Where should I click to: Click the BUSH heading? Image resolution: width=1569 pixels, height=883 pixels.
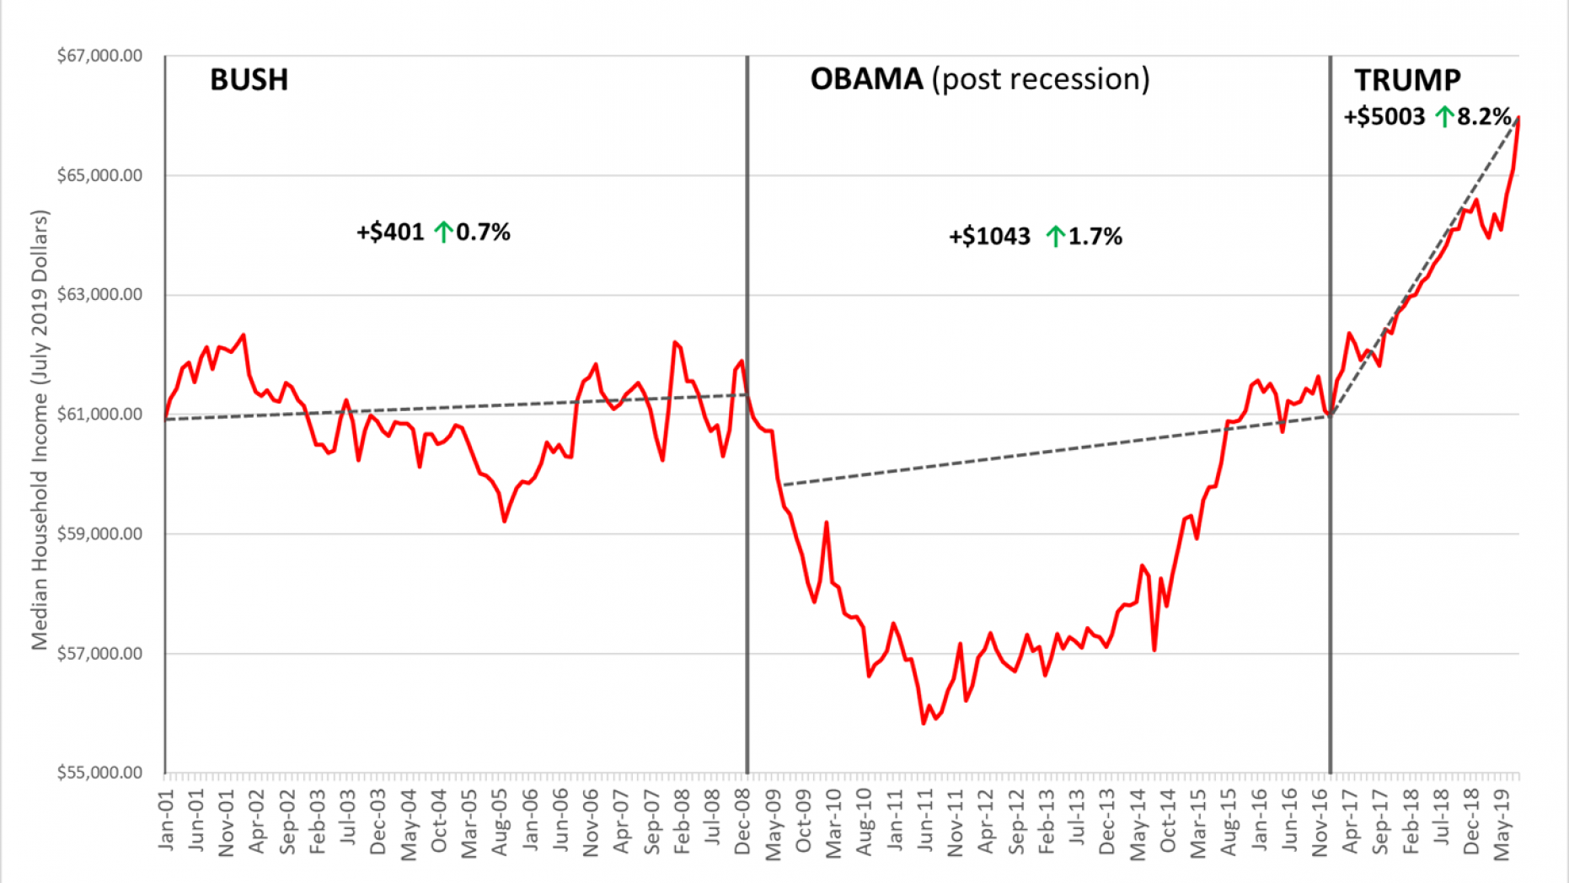tap(249, 80)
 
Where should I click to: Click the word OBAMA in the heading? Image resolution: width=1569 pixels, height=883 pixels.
tap(866, 79)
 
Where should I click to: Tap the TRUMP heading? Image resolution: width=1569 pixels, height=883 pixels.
tap(1407, 80)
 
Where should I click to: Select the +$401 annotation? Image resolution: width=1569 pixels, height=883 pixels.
tap(390, 232)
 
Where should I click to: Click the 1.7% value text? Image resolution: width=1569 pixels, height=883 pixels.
tap(1095, 237)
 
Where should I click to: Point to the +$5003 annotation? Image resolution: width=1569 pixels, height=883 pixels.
tap(1384, 116)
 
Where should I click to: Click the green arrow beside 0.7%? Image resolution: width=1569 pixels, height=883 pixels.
tap(443, 232)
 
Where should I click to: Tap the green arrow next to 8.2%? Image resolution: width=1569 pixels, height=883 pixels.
tap(1445, 116)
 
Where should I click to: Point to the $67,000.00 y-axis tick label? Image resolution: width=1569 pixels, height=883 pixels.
tap(99, 56)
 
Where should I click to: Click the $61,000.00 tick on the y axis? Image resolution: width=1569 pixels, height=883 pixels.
tap(99, 414)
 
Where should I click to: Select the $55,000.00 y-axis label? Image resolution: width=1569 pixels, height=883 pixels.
tap(99, 773)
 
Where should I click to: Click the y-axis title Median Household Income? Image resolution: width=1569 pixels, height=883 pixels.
tap(40, 430)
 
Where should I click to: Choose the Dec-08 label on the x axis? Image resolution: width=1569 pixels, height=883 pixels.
tap(742, 821)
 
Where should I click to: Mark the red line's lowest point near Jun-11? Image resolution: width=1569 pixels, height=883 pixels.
tap(924, 723)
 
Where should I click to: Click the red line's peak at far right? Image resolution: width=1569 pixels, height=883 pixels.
tap(1518, 118)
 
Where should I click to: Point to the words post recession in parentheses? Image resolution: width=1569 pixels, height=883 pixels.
tap(1041, 79)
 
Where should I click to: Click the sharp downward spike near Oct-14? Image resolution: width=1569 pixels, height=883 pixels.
tap(1154, 650)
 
